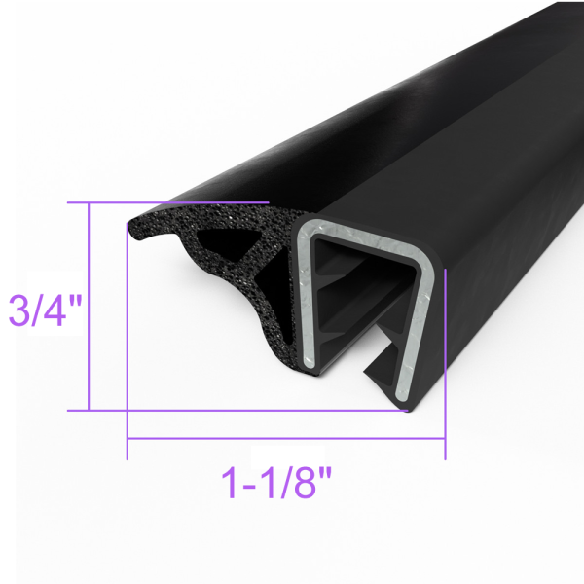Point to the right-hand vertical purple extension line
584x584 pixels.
[445, 370]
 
